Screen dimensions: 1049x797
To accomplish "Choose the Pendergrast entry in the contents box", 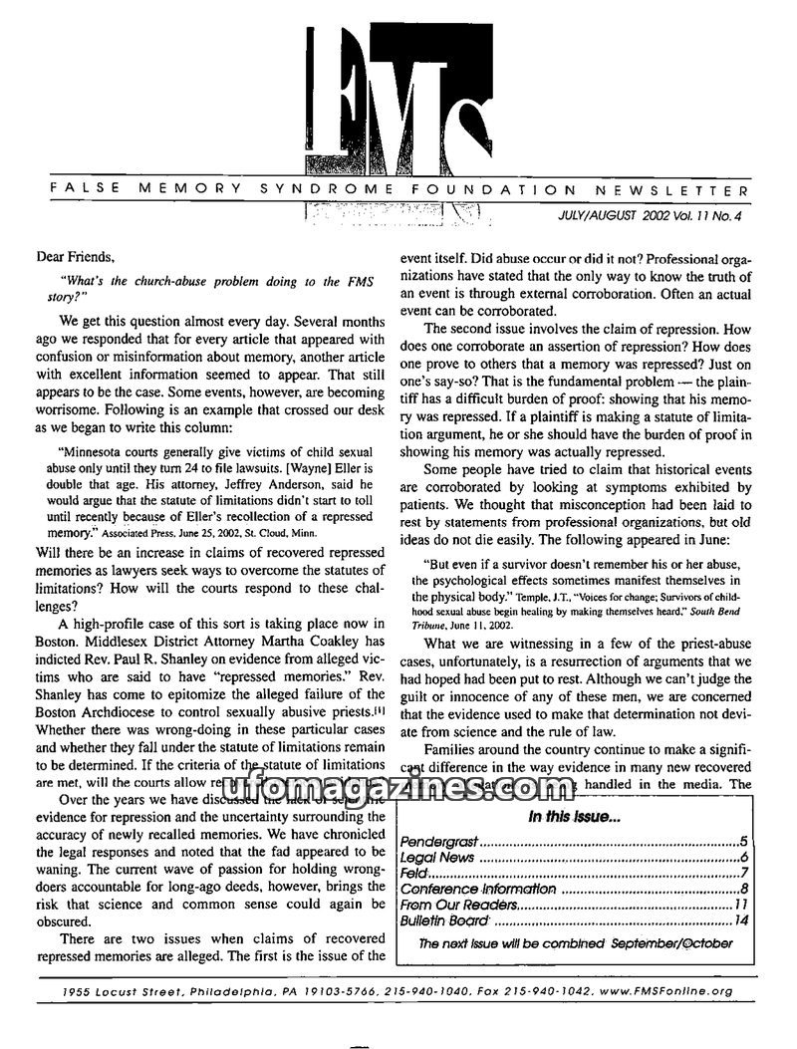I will point(439,842).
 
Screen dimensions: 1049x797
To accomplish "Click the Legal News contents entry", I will point(437,858).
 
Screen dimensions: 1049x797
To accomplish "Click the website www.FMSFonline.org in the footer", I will point(673,990).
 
